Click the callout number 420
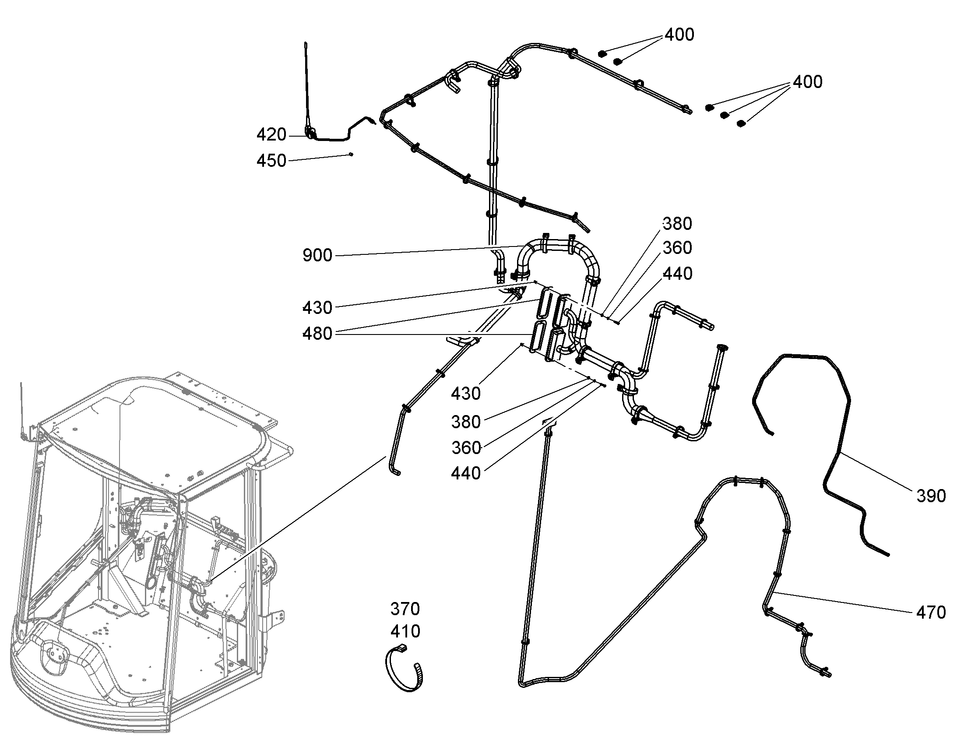(x=271, y=135)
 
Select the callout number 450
(x=271, y=161)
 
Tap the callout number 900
(x=317, y=255)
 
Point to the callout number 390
(x=931, y=496)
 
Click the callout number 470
(x=931, y=613)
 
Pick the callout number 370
(x=405, y=609)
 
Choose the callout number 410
(x=405, y=631)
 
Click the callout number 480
(x=317, y=334)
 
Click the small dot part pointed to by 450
(x=351, y=154)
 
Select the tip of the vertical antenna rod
(x=305, y=42)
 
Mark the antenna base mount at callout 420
(x=311, y=133)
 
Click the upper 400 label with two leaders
(x=679, y=35)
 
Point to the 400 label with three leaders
(x=808, y=82)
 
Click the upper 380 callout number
(x=677, y=224)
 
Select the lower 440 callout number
(x=466, y=473)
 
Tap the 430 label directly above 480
(x=317, y=308)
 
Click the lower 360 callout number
(x=466, y=448)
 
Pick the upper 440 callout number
(x=677, y=274)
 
